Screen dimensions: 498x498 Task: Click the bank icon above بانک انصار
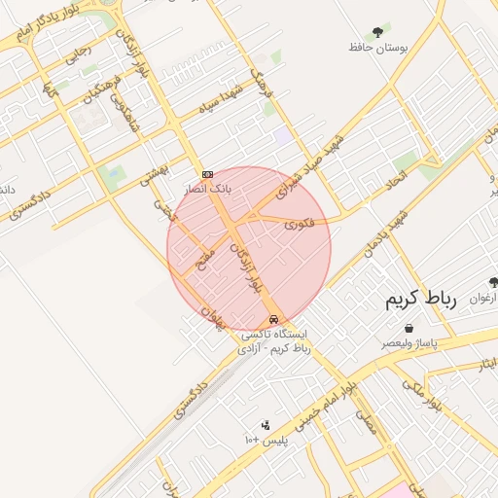[x=207, y=174]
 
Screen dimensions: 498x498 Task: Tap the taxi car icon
[x=275, y=319]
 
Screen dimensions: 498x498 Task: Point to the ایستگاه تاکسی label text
[x=275, y=335]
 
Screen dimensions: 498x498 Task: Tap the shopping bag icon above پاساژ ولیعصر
[x=409, y=329]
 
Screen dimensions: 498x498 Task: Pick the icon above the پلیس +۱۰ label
[x=265, y=425]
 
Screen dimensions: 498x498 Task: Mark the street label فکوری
[x=299, y=226]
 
